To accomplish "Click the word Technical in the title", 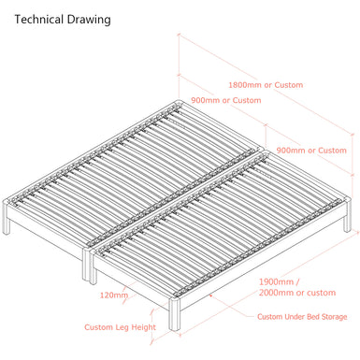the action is pyautogui.click(x=39, y=20).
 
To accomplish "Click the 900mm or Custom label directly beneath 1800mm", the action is pyautogui.click(x=226, y=100).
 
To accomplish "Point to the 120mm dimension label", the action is pyautogui.click(x=114, y=295).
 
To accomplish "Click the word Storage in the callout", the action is pyautogui.click(x=334, y=317).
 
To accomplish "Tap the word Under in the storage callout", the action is pyautogui.click(x=295, y=317).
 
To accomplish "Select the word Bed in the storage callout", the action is pyautogui.click(x=313, y=317).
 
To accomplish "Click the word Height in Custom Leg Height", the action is pyautogui.click(x=143, y=327).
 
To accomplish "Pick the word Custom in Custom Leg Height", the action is pyautogui.click(x=99, y=327).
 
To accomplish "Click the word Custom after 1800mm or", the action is pyautogui.click(x=289, y=85).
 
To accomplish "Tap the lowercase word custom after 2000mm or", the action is pyautogui.click(x=322, y=293).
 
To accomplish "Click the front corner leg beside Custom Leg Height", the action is pyautogui.click(x=175, y=314).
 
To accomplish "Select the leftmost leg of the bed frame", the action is pyautogui.click(x=6, y=217).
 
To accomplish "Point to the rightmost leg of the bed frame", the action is pyautogui.click(x=348, y=215).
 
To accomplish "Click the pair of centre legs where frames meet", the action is pyautogui.click(x=90, y=266).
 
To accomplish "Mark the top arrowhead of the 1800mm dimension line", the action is pyautogui.click(x=180, y=35).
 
